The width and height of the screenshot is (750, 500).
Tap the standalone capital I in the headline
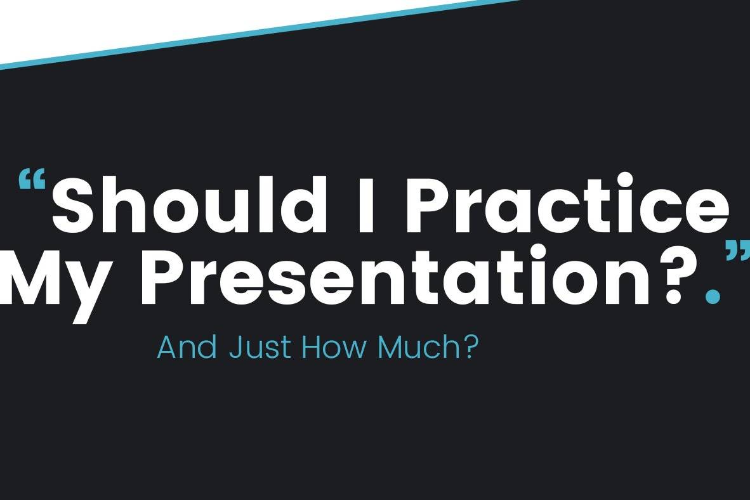tap(366, 205)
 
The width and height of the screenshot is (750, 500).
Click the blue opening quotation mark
tap(32, 180)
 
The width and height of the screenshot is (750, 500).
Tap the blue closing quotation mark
tap(737, 251)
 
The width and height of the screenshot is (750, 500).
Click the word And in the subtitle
tap(187, 347)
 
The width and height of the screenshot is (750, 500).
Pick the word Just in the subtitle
tap(260, 347)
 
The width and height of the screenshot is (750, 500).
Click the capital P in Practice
tap(428, 205)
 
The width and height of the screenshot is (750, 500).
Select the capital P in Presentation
tap(163, 275)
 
